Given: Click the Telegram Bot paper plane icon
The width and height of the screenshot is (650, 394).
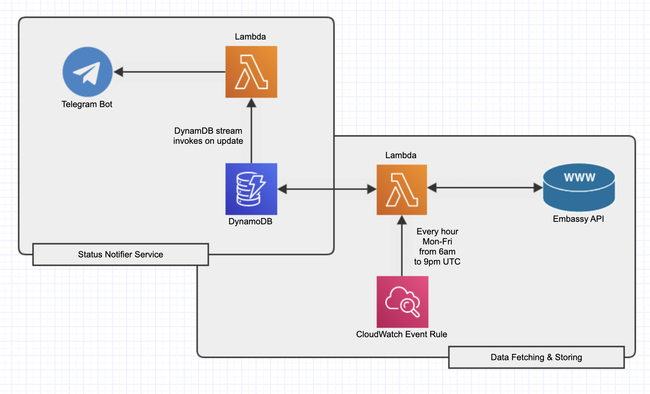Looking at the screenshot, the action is coord(88,72).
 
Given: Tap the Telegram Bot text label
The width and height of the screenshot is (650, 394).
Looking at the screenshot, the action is coord(87,104).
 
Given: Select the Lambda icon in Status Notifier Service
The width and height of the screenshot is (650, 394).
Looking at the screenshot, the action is coord(251,72).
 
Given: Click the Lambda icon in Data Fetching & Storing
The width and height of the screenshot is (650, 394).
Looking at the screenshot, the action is coord(402,189).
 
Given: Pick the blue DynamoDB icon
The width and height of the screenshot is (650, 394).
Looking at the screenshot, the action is coord(251,189).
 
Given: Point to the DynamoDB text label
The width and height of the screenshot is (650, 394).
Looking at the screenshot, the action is coord(250,221).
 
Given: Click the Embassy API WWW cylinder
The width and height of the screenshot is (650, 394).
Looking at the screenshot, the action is coord(579,187).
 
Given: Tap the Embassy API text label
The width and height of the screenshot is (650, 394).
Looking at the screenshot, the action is coord(579,219).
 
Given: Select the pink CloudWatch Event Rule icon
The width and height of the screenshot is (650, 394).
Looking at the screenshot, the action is coord(403,302).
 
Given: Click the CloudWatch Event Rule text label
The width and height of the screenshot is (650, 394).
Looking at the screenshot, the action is coord(401,334).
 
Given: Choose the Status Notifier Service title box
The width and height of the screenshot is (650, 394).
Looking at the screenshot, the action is coord(121,255).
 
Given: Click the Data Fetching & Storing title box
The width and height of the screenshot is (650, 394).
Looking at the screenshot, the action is coord(537,357).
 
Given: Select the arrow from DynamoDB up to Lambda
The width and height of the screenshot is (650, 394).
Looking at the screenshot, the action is coord(251,130).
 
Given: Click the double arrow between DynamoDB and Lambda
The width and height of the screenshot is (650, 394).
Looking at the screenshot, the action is coord(327,189).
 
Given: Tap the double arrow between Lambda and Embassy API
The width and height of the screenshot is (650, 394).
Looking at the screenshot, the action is coord(485,188).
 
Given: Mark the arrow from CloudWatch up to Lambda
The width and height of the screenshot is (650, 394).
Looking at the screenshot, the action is coord(402,246).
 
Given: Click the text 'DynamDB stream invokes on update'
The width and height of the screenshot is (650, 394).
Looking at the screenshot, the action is coord(208,136).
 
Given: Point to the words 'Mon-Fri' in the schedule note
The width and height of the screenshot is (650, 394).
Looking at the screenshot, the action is coord(437,242).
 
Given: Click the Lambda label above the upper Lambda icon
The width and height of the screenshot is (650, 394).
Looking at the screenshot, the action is coord(250,37).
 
